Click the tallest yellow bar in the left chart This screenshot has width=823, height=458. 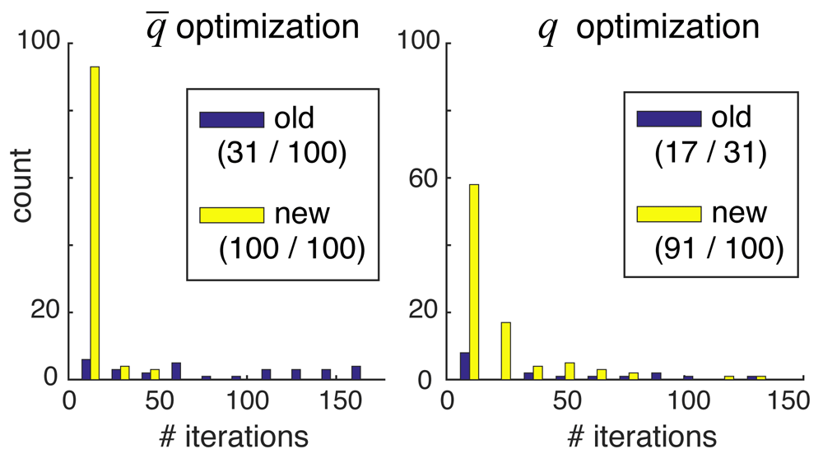click(95, 223)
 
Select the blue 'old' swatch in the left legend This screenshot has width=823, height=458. click(231, 119)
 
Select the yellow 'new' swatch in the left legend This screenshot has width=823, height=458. click(231, 215)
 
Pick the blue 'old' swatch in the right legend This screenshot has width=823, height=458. click(668, 118)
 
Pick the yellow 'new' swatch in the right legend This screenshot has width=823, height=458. click(668, 214)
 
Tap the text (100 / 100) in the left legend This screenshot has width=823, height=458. click(291, 249)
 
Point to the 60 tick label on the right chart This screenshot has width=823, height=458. click(429, 178)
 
